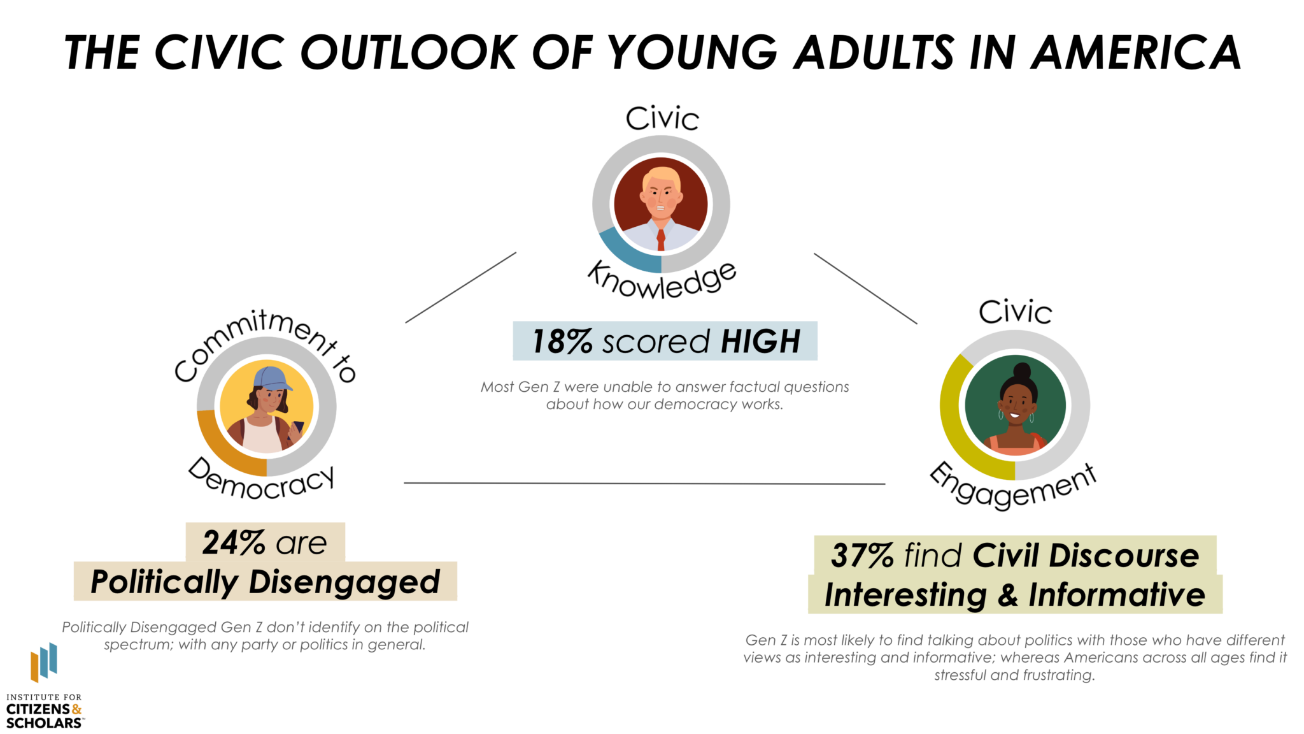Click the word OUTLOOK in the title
[409, 52]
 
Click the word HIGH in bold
[760, 342]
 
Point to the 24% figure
[233, 543]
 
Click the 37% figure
[862, 556]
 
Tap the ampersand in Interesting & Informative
[1008, 595]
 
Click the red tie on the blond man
[661, 240]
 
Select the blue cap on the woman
[273, 378]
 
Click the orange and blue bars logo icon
[44, 662]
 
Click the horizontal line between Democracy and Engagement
[644, 484]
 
